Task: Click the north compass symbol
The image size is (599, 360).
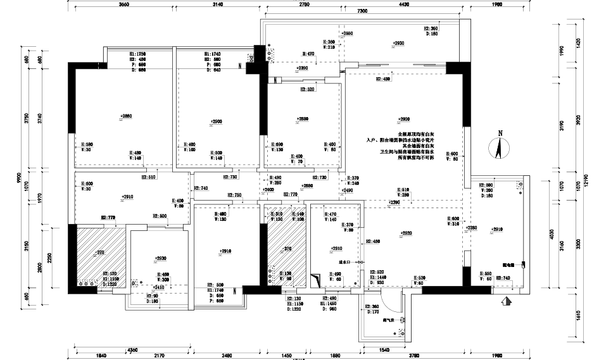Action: tap(500, 147)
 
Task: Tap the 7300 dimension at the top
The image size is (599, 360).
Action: tap(363, 11)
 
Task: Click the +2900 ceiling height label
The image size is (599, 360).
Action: tap(217, 121)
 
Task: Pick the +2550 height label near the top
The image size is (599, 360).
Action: tap(347, 33)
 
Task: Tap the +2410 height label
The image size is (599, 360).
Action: tap(158, 287)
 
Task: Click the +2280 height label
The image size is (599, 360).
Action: tap(472, 228)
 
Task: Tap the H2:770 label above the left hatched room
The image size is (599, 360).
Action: tap(108, 217)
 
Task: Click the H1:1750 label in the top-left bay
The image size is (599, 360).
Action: tap(137, 54)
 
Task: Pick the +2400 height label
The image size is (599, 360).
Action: tap(268, 190)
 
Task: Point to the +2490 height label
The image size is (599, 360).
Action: tap(348, 190)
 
